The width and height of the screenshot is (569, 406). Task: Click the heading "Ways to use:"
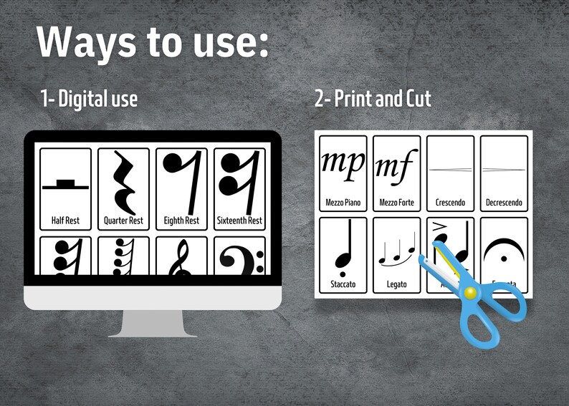click(153, 43)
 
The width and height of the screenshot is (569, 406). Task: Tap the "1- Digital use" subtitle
click(89, 99)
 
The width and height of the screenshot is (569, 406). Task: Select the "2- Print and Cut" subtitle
click(373, 99)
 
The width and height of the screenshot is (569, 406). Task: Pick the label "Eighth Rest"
click(181, 221)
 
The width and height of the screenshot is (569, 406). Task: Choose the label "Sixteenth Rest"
click(239, 221)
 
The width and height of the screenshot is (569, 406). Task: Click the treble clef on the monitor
click(181, 261)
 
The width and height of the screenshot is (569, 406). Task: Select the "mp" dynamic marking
click(343, 163)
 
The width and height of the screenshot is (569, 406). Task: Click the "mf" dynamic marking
click(396, 166)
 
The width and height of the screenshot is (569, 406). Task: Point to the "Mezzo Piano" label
click(343, 203)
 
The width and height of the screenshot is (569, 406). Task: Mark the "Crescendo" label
click(450, 203)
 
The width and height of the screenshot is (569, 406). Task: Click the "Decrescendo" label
click(504, 203)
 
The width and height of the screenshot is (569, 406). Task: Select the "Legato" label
click(396, 284)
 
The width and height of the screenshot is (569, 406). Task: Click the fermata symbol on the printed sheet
click(505, 250)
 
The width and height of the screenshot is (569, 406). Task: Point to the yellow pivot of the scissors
click(469, 292)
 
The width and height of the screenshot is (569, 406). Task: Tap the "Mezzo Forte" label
click(396, 203)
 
